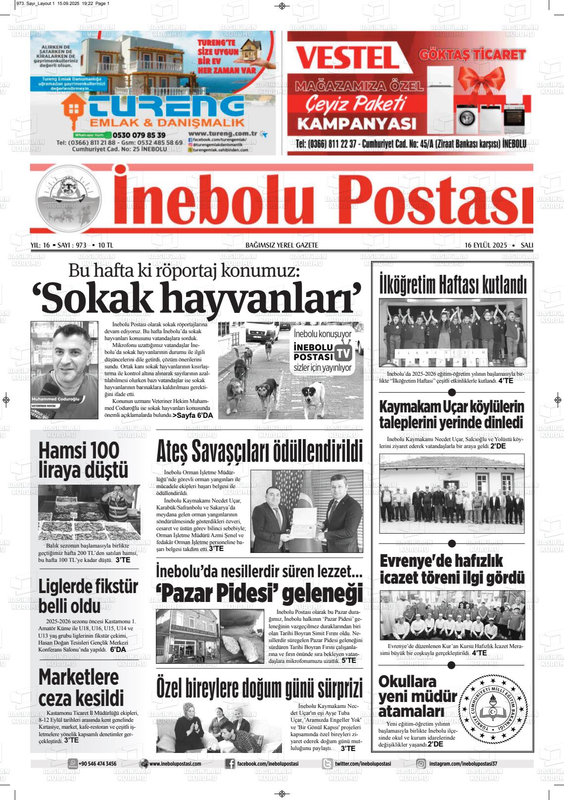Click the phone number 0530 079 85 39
point(139,135)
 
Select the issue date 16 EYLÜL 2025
point(486,245)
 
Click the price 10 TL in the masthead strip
point(105,245)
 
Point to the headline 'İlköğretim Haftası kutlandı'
point(452,286)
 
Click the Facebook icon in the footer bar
point(230,764)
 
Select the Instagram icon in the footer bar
point(421,764)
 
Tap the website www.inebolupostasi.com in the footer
point(175,764)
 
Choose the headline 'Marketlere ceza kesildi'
point(81,688)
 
